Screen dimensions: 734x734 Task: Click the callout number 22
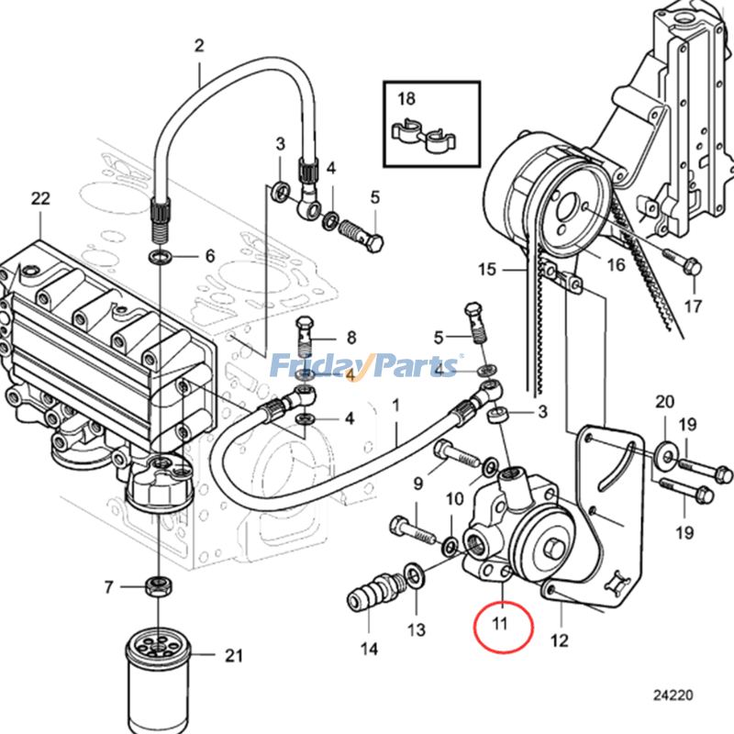pyautogui.click(x=39, y=198)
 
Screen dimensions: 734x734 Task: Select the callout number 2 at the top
pyautogui.click(x=198, y=45)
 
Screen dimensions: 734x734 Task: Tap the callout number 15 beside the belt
pyautogui.click(x=486, y=270)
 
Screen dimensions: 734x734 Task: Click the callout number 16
pyautogui.click(x=615, y=264)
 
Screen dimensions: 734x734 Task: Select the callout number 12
pyautogui.click(x=559, y=639)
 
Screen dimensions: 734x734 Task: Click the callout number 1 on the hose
pyautogui.click(x=396, y=404)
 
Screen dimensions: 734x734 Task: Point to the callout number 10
pyautogui.click(x=455, y=500)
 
